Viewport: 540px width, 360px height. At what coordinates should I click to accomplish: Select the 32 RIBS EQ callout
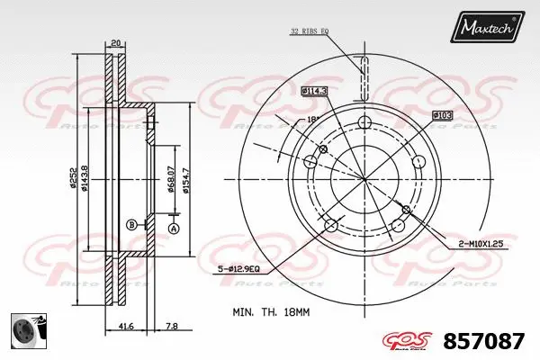point(310,31)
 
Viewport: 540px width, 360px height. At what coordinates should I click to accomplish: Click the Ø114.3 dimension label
point(312,91)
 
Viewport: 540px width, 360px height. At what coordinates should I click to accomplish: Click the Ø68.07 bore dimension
point(171,178)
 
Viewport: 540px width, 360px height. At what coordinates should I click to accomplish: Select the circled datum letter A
point(175,229)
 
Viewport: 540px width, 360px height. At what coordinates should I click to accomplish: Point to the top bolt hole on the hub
point(364,123)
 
